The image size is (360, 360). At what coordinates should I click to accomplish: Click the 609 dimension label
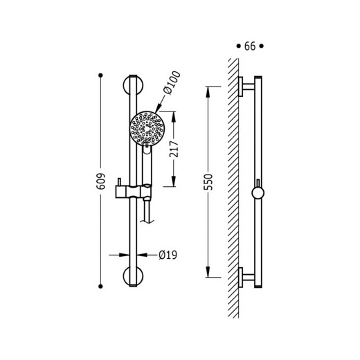[100, 181]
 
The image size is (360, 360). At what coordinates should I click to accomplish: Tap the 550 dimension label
[208, 182]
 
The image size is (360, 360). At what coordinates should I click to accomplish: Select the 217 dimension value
[174, 149]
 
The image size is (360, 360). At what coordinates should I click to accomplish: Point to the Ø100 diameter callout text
[172, 82]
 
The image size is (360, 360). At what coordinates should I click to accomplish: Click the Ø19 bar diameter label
[168, 255]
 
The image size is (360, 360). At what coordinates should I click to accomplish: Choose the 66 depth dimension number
[250, 46]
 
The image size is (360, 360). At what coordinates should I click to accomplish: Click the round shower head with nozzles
[147, 129]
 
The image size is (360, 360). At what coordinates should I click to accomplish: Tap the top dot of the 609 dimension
[100, 75]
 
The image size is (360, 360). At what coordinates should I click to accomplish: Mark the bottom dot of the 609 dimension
[100, 286]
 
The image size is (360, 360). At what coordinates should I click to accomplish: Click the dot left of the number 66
[238, 46]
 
